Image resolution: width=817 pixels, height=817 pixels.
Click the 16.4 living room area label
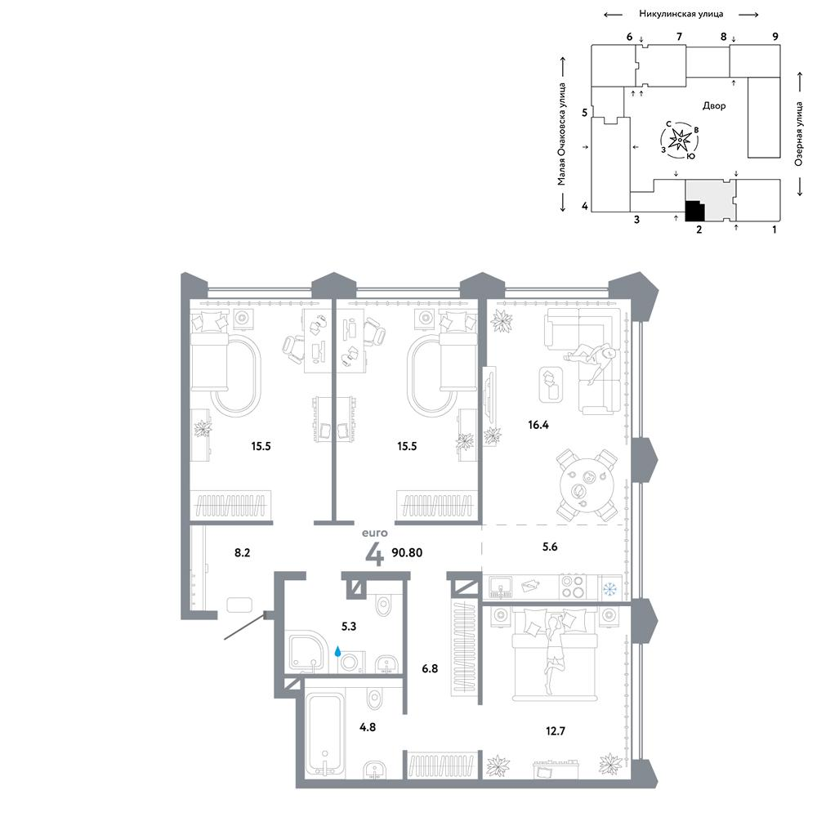[538, 425]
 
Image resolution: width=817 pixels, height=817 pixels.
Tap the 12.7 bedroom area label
[556, 731]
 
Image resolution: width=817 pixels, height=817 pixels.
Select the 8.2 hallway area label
[243, 552]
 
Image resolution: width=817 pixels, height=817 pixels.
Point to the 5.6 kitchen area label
[550, 547]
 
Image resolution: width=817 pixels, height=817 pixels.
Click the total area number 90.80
[407, 552]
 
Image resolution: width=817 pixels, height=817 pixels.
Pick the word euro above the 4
[375, 533]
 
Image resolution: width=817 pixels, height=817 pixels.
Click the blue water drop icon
[337, 651]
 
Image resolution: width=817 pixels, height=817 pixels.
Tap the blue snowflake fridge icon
[609, 589]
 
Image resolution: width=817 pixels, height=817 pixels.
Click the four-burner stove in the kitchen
[572, 587]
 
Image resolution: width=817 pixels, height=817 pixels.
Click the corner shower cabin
[306, 651]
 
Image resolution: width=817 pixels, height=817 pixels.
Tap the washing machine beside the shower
[349, 662]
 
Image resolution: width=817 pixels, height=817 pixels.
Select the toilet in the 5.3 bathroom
[383, 605]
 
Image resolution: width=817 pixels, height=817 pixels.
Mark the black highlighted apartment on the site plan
[694, 211]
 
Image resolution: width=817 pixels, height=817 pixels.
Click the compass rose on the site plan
[680, 140]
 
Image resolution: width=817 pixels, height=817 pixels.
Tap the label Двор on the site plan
[714, 105]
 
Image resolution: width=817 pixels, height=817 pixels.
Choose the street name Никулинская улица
[681, 14]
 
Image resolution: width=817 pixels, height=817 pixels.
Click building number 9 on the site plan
[775, 37]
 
